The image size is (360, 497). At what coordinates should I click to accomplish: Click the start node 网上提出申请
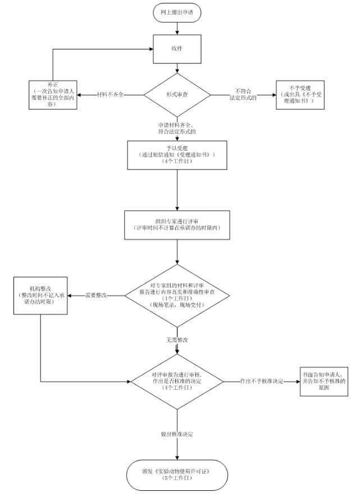click(177, 12)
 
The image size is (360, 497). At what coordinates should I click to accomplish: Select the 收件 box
click(177, 49)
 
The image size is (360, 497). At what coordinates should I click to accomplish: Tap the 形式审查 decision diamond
click(177, 94)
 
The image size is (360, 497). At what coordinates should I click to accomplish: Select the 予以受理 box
click(177, 154)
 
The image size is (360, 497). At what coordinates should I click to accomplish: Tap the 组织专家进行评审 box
click(177, 225)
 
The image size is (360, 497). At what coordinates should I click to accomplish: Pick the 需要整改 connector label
click(96, 295)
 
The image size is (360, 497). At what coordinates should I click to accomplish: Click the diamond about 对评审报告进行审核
click(177, 382)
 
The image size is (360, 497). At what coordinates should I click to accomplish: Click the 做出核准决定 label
click(177, 434)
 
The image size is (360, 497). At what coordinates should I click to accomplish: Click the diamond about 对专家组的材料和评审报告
click(177, 295)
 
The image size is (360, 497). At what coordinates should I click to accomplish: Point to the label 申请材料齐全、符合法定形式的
click(177, 127)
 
